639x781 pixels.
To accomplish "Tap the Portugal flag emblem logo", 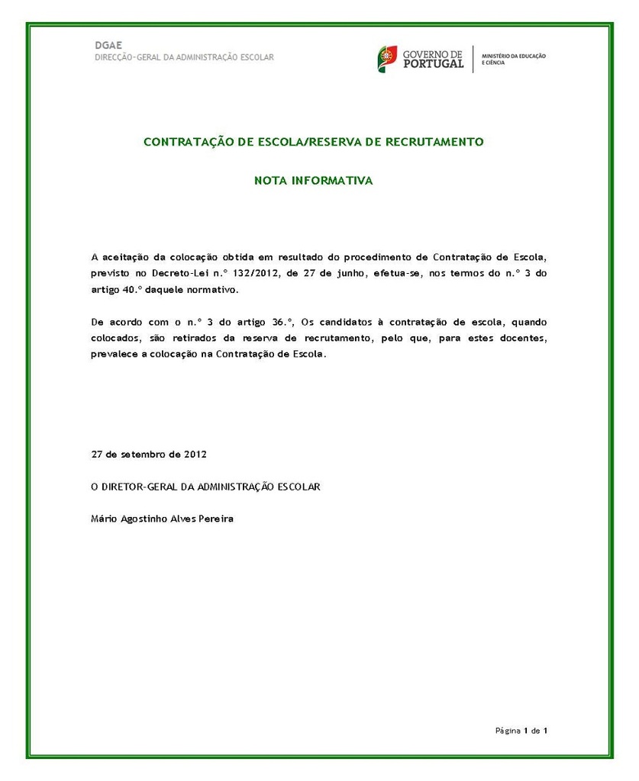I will pyautogui.click(x=386, y=59).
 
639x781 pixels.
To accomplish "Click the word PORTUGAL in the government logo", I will pyautogui.click(x=433, y=64).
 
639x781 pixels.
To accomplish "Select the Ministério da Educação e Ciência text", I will pyautogui.click(x=514, y=59).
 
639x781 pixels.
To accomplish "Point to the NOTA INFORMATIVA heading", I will pyautogui.click(x=313, y=181).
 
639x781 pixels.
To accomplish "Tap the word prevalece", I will pyautogui.click(x=113, y=355).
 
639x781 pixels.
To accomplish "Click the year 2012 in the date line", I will pyautogui.click(x=195, y=454).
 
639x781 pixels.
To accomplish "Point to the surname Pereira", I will pyautogui.click(x=216, y=519).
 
